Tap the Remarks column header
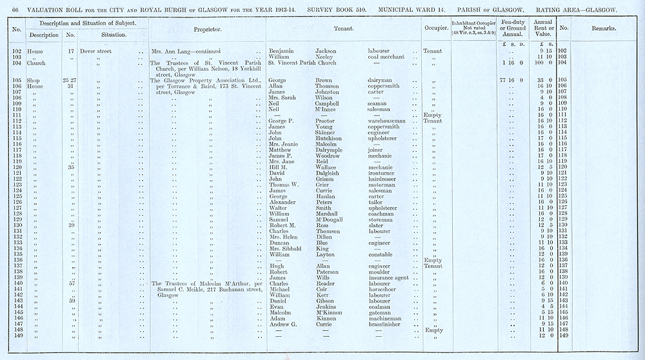(x=603, y=29)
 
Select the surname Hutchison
(x=331, y=138)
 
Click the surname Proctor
(x=327, y=121)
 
